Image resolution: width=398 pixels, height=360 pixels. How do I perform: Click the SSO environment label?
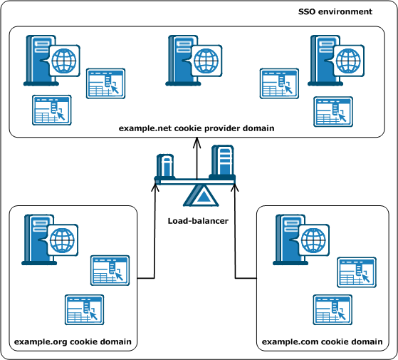click(x=335, y=11)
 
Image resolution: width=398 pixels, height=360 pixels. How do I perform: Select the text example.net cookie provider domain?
click(x=197, y=127)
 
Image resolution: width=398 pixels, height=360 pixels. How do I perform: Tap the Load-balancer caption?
click(x=198, y=221)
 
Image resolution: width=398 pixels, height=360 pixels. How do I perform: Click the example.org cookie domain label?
click(x=73, y=341)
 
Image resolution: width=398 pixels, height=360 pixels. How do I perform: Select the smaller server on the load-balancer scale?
click(x=165, y=167)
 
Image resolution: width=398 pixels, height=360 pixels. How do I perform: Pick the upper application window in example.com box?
click(x=355, y=272)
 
